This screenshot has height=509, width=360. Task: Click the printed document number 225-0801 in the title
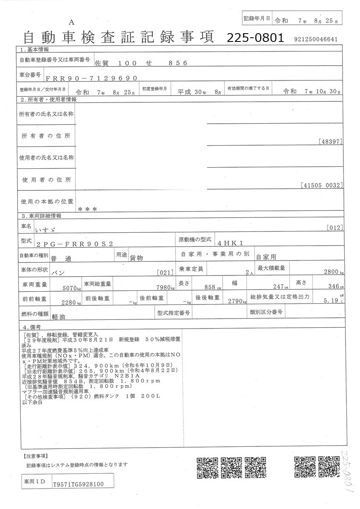pyautogui.click(x=255, y=38)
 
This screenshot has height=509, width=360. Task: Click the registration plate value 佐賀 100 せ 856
pyautogui.click(x=141, y=63)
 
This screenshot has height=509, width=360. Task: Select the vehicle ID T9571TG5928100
pyautogui.click(x=78, y=484)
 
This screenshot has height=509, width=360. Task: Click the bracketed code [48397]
pyautogui.click(x=331, y=141)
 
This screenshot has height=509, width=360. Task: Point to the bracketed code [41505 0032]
pyautogui.click(x=321, y=185)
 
